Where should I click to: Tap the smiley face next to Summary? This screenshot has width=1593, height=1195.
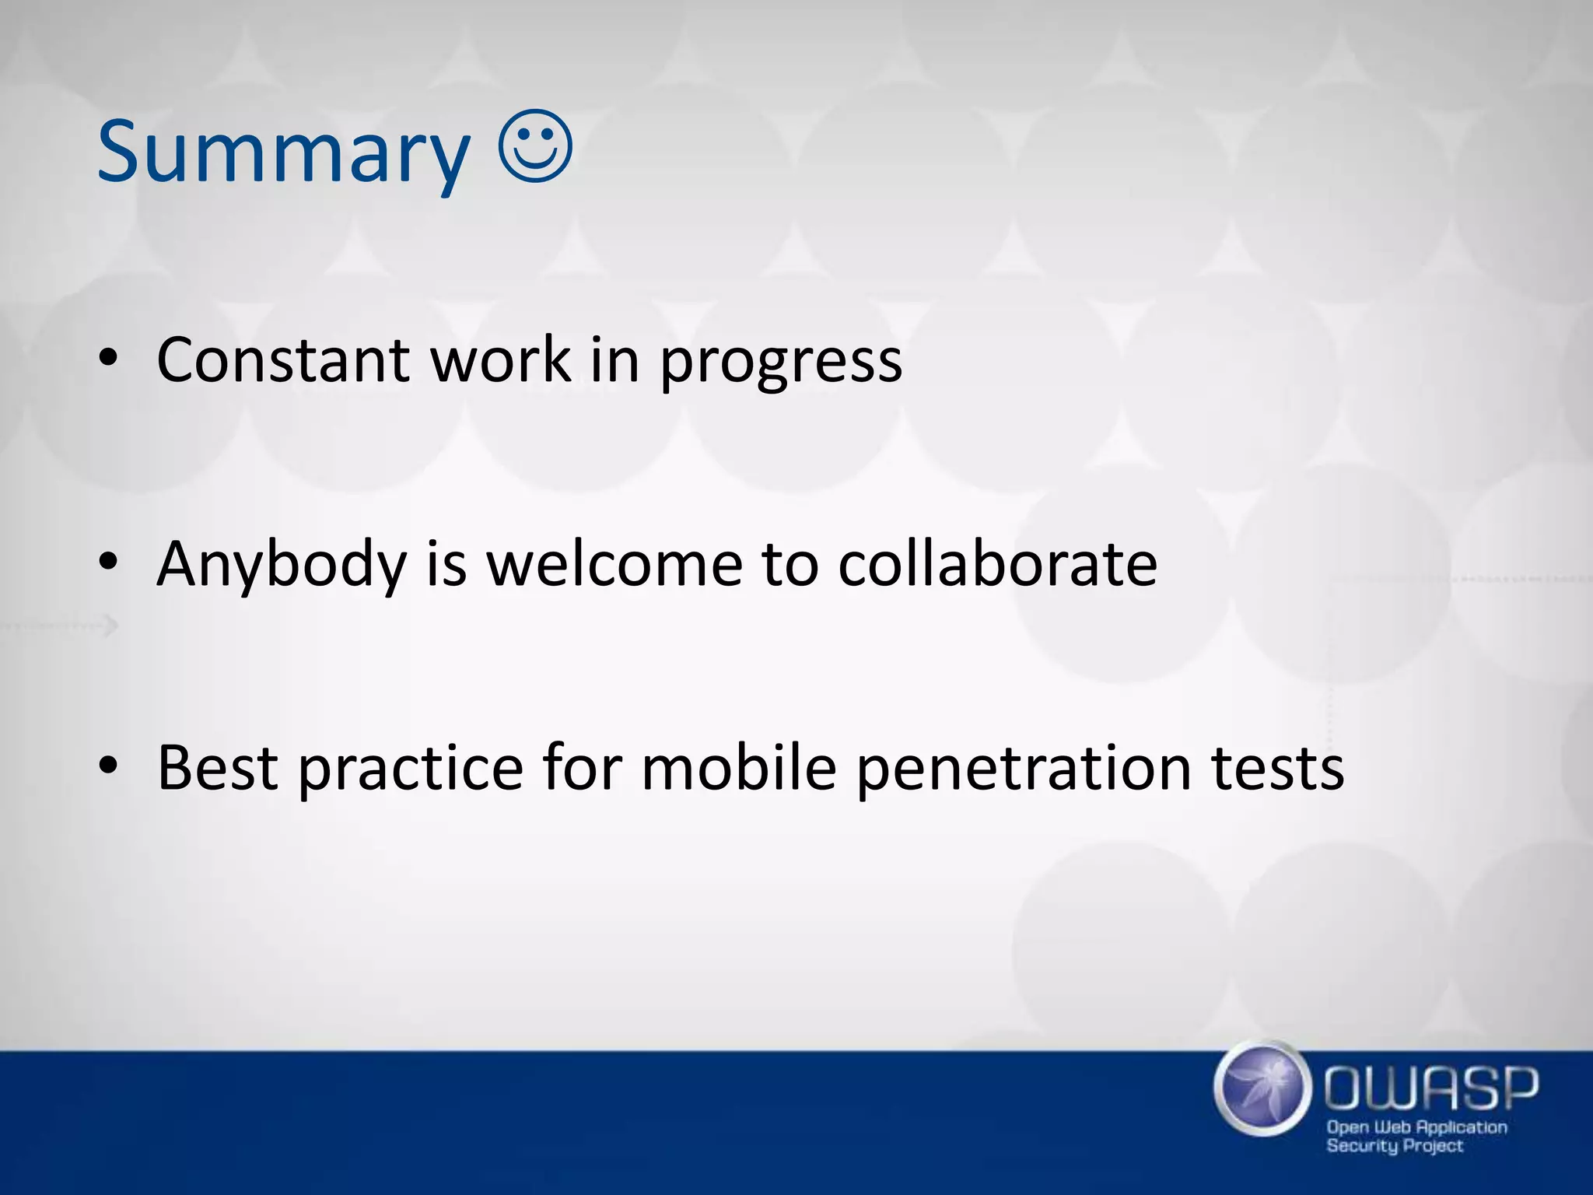(535, 147)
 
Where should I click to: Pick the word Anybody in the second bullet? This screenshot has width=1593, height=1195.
(282, 565)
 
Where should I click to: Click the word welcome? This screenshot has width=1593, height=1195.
(614, 563)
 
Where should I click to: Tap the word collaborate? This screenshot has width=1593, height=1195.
(997, 563)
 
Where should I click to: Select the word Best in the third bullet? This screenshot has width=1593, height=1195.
(218, 769)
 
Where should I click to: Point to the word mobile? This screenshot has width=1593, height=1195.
(739, 769)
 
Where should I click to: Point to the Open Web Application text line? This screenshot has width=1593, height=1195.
(1416, 1127)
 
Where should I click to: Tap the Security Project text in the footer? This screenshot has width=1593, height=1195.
(1395, 1146)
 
